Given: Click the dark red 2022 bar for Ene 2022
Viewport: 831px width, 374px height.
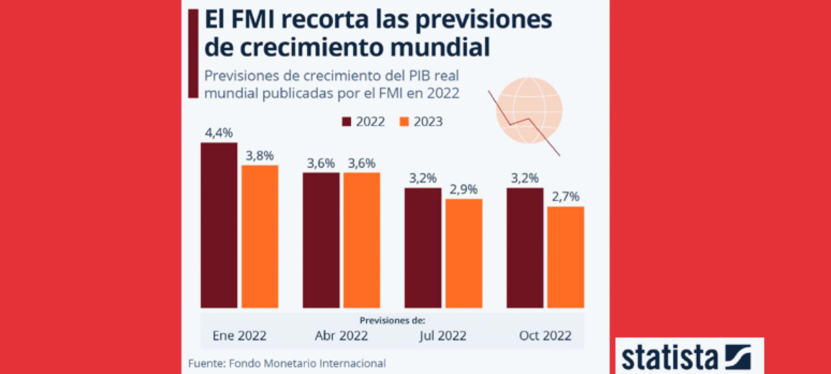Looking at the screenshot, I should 219,225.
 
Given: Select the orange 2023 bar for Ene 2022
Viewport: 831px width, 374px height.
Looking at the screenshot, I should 260,236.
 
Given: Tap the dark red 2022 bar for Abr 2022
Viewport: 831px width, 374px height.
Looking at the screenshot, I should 321,240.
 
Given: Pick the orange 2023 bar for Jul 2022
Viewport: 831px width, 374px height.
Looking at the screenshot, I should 464,253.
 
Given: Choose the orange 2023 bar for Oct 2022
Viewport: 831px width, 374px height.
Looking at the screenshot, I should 565,257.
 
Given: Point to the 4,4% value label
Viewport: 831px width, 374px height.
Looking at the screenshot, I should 219,133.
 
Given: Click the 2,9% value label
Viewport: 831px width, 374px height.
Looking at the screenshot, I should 464,189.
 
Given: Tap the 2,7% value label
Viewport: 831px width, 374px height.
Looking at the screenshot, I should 565,197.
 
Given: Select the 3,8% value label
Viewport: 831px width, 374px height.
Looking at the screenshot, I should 260,156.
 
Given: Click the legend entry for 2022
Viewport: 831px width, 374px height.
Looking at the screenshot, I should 364,122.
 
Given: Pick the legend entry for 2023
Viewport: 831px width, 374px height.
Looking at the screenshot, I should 421,122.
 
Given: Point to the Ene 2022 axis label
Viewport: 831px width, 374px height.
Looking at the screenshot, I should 239,335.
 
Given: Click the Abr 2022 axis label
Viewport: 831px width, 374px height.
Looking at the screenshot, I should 341,335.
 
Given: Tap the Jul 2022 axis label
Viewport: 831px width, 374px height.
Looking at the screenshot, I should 443,335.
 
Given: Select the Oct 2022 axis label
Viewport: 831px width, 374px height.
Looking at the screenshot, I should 545,335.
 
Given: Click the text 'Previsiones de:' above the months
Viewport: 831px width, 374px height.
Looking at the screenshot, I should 392,320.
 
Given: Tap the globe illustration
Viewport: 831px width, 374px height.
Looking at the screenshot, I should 529,110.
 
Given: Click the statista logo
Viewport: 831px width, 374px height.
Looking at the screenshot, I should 689,357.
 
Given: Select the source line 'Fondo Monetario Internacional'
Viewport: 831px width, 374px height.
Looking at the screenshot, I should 307,364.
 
